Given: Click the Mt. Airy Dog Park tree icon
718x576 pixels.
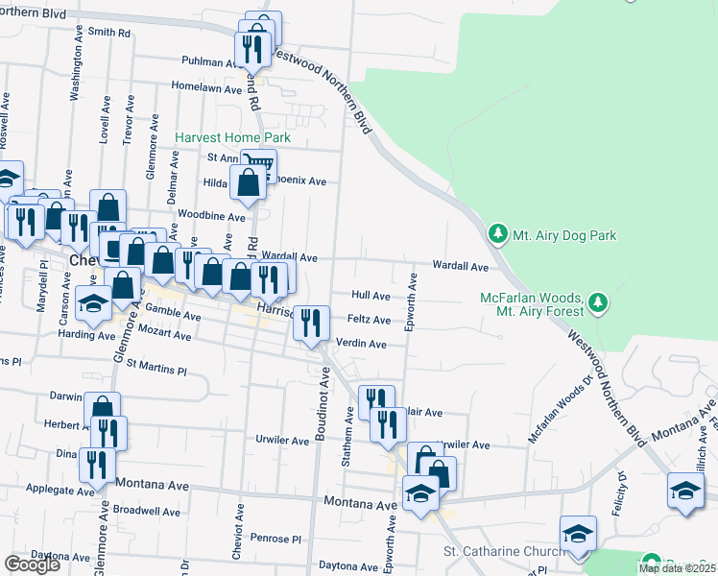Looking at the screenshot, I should click(497, 234).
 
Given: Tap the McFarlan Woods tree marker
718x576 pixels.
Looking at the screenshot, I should click(598, 303).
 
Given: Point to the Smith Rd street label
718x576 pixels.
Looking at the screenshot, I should click(108, 32).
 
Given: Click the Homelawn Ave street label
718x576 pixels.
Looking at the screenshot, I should click(206, 88).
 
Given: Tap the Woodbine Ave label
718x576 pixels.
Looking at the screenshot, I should click(211, 217).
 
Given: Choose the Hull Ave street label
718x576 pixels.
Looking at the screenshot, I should click(371, 296).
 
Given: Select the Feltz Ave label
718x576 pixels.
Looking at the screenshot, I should click(369, 320).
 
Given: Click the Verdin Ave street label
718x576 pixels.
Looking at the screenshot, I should click(362, 344).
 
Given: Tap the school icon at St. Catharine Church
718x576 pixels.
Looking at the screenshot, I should click(578, 534).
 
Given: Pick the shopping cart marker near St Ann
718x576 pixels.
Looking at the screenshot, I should click(258, 163).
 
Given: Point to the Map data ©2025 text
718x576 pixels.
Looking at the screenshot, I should click(676, 568).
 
